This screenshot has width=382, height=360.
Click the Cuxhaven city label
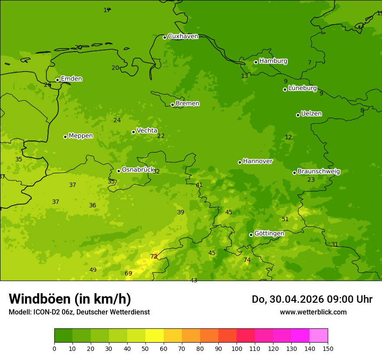183,36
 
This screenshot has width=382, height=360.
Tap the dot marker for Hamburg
256,62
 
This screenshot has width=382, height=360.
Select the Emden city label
71,79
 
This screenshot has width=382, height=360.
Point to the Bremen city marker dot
172,105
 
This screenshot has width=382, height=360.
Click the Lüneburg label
302,88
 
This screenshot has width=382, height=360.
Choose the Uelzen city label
311,114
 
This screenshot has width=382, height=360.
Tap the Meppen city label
80,136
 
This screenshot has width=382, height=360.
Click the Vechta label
147,131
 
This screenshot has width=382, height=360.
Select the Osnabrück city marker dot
119,171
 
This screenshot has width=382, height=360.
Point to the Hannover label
257,161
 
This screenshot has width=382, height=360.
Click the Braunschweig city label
319,172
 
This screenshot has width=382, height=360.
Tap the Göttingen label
269,233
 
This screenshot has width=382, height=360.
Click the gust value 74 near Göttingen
247,260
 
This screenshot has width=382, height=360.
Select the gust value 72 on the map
154,257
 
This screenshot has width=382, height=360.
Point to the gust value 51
285,219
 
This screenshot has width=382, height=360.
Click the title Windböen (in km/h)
70,299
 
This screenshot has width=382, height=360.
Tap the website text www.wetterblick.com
313,312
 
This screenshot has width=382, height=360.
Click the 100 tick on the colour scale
237,348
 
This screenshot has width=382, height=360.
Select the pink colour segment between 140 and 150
319,335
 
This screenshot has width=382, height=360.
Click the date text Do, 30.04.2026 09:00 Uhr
312,299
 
